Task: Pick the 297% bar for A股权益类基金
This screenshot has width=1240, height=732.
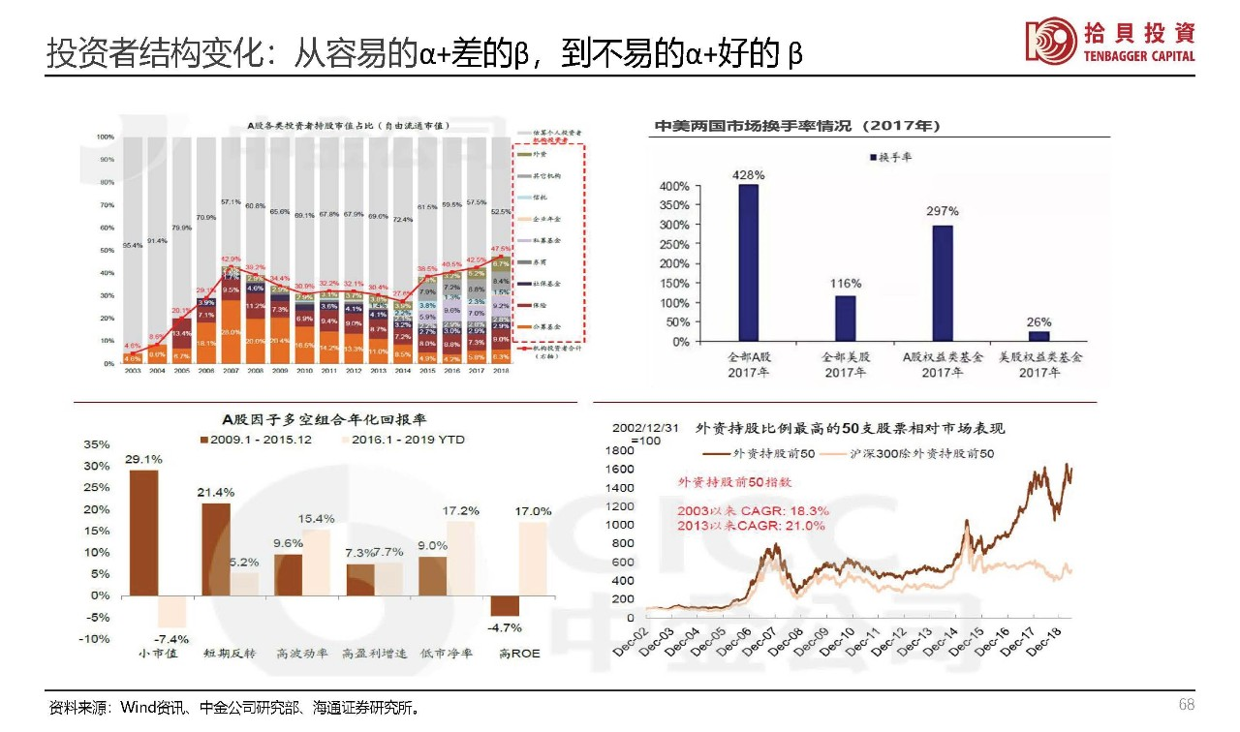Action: pyautogui.click(x=943, y=283)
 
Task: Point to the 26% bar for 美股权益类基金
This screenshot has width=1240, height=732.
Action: pyautogui.click(x=1038, y=336)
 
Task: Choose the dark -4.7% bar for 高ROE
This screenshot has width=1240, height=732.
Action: pyautogui.click(x=505, y=606)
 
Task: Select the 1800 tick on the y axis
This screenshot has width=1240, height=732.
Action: pyautogui.click(x=620, y=451)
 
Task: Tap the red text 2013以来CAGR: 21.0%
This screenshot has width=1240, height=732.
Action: pyautogui.click(x=751, y=526)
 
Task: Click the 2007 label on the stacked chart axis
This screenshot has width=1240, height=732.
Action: pyautogui.click(x=231, y=371)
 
